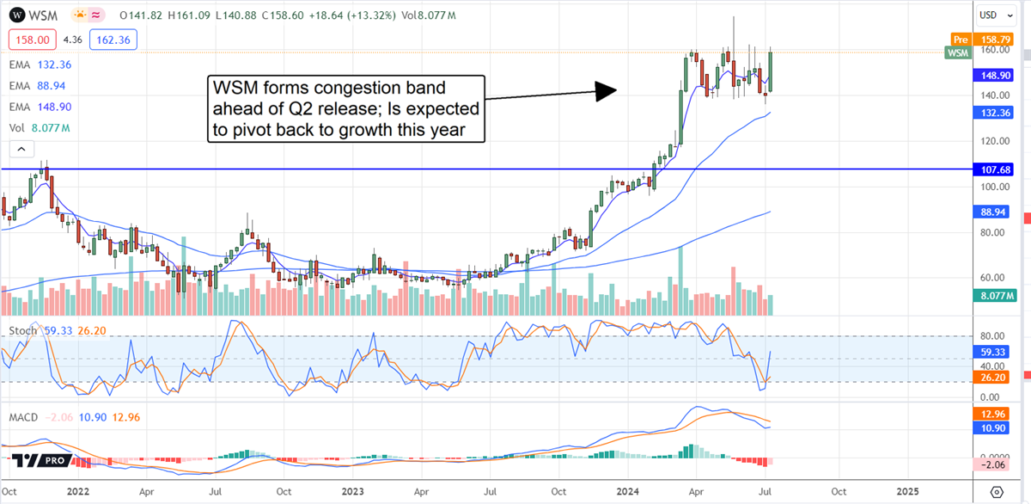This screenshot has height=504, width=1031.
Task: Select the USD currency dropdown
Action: tap(995, 15)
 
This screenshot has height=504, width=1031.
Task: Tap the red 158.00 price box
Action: tap(33, 40)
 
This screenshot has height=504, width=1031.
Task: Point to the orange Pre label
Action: tap(960, 39)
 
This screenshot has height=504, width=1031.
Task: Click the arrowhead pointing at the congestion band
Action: tap(607, 90)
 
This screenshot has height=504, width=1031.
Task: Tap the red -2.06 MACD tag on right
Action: tap(995, 465)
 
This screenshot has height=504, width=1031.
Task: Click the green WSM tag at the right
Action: tap(957, 53)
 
